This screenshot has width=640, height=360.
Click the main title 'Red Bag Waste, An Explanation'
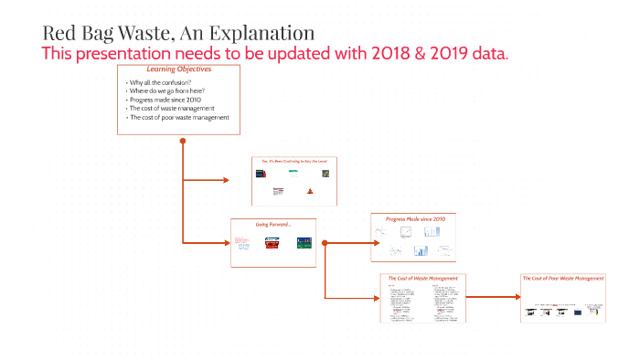coord(178,34)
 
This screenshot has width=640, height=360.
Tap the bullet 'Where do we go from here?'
coord(165,92)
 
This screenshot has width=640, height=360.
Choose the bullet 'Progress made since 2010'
coord(165,101)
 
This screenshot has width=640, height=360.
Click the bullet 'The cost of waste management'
coord(172,109)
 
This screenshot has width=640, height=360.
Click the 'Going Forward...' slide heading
coord(273,223)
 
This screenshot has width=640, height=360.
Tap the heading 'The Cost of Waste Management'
coord(423,278)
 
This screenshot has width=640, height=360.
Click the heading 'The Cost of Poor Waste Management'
coord(563,278)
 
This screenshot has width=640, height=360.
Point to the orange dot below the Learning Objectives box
coord(183,141)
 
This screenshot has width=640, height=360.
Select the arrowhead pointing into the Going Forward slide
coord(225,243)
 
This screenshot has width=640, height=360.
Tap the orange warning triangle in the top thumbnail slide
coord(310,191)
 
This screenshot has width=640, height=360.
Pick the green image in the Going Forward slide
coord(304,243)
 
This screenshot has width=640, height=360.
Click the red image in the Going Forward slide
coord(272,243)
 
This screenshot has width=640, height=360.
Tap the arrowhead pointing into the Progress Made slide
coord(366,243)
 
